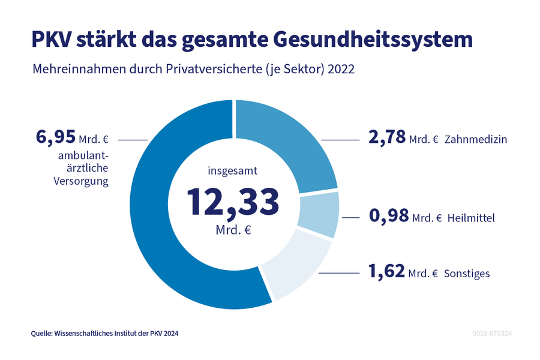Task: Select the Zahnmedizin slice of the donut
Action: (288, 144)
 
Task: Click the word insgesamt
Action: (233, 171)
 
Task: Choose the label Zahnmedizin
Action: (476, 140)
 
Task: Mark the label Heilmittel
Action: (471, 218)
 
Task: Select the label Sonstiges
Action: (467, 274)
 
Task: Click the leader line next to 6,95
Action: (133, 139)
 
